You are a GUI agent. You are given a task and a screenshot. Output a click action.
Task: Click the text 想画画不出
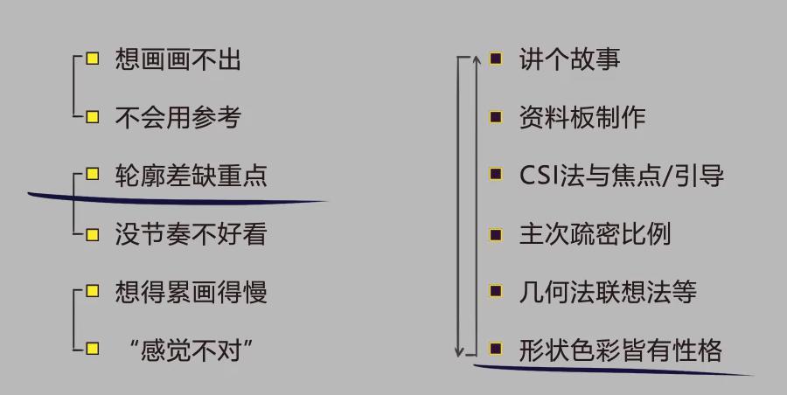point(178,59)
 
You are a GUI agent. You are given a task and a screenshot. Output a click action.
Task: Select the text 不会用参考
point(178,117)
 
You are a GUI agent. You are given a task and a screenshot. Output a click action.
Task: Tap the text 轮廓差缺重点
point(191,175)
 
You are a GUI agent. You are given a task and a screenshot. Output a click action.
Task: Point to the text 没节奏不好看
point(191,233)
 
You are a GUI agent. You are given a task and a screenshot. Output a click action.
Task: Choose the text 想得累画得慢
point(191,292)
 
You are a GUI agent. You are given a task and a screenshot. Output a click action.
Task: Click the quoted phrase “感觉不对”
point(190,350)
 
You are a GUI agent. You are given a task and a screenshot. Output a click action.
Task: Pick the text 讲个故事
point(569,59)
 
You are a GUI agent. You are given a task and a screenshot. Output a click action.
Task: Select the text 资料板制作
point(582,117)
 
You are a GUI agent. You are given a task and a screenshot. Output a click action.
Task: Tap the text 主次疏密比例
point(595,233)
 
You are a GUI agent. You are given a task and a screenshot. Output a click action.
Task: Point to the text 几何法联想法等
point(608,292)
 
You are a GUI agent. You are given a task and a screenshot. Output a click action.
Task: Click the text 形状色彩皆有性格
point(620,350)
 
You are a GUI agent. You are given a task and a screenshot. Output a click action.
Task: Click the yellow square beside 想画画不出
point(92,59)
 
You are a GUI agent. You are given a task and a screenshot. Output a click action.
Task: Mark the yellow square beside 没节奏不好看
point(92,233)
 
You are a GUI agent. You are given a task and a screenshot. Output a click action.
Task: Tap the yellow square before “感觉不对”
point(92,350)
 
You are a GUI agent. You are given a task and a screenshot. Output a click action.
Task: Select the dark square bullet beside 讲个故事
point(496,59)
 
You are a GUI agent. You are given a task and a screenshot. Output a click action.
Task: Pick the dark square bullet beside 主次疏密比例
point(496,233)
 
